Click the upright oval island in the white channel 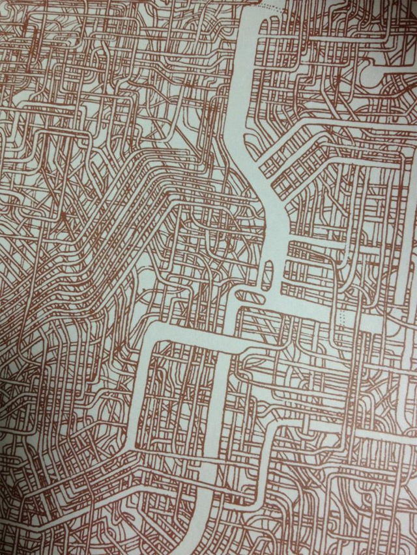click(x=266, y=276)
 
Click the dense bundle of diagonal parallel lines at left click(x=117, y=215)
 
